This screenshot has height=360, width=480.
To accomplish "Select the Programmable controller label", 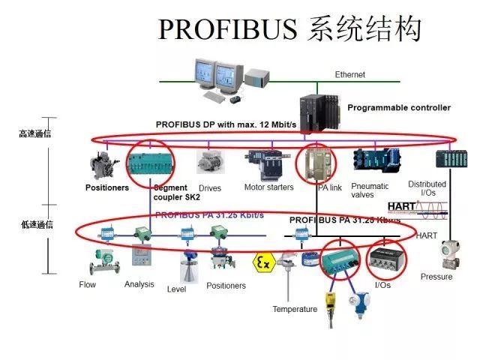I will (399, 107).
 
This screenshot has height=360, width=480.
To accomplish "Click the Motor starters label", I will (268, 187).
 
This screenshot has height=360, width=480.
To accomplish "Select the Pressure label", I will (436, 277).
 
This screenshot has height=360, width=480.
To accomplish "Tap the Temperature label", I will (295, 309).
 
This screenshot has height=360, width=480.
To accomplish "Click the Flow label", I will (88, 285).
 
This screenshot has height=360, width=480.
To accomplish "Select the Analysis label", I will (139, 284).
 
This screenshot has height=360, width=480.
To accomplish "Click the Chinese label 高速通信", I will (34, 134).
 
